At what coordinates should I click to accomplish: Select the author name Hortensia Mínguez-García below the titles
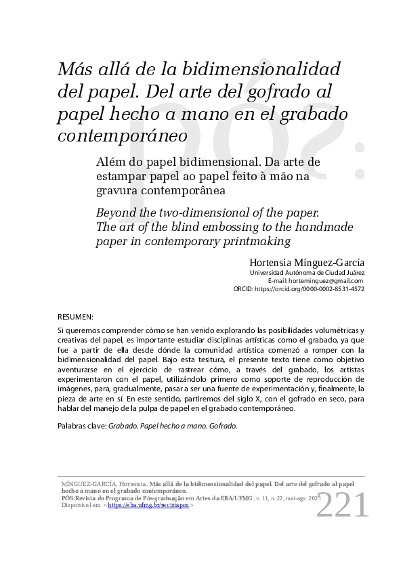click(x=307, y=262)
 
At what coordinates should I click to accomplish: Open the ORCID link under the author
click(x=309, y=288)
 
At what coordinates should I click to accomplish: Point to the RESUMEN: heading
click(x=75, y=317)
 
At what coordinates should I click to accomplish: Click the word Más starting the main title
click(x=72, y=70)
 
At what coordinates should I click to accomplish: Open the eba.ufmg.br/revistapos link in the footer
click(x=149, y=505)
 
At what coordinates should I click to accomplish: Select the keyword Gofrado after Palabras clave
click(x=224, y=428)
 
